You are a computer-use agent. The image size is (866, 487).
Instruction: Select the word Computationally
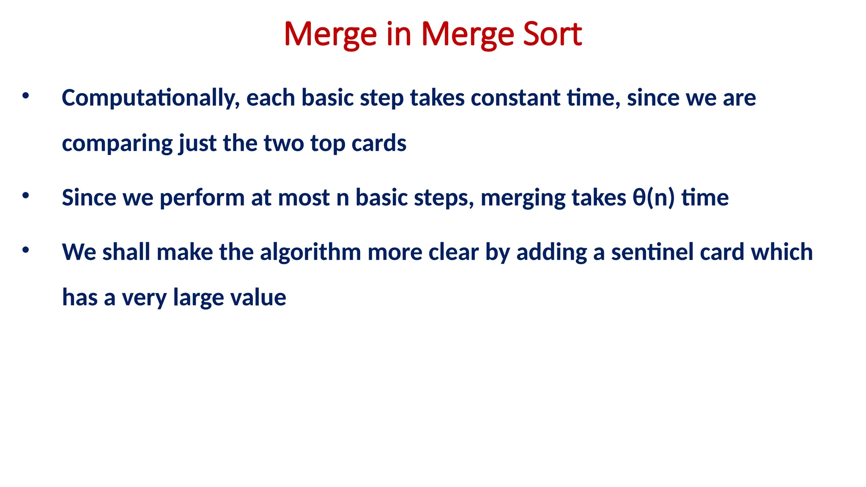coord(151,98)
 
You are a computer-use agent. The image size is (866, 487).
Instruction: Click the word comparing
coord(117,144)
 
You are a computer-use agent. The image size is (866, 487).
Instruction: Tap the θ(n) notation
coord(653,198)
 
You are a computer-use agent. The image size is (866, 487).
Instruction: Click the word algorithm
coord(310,252)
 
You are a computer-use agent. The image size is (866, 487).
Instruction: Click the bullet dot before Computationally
coord(26,96)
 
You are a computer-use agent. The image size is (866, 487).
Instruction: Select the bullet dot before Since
coord(26,195)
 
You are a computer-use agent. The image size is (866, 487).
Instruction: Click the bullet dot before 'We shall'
coord(26,250)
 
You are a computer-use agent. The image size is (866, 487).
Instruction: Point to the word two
coord(283,143)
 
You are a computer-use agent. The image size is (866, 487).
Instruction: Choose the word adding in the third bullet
coord(551,252)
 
